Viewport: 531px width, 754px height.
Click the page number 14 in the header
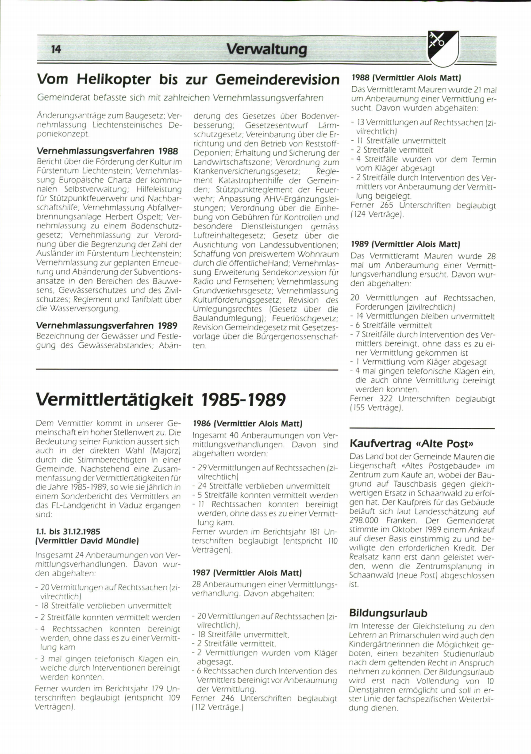tap(56, 49)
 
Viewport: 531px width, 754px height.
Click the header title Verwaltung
tap(266, 49)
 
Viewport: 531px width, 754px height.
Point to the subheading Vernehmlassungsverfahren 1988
tap(107, 151)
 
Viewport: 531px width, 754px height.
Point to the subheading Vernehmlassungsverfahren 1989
tap(107, 326)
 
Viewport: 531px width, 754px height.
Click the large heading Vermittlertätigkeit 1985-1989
tap(160, 400)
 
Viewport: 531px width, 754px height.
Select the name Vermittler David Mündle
tap(87, 541)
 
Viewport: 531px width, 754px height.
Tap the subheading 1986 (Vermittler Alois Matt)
tap(247, 423)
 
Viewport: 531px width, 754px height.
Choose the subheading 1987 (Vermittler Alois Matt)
tap(247, 573)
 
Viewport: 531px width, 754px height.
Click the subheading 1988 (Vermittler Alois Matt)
tap(406, 77)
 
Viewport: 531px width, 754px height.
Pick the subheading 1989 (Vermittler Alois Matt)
tap(405, 244)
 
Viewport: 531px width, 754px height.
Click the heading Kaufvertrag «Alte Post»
tap(412, 443)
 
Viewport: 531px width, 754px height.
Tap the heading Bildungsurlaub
tap(388, 613)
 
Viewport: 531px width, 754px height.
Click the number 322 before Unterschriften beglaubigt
tap(385, 399)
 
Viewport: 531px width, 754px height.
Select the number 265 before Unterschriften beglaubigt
tap(386, 205)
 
